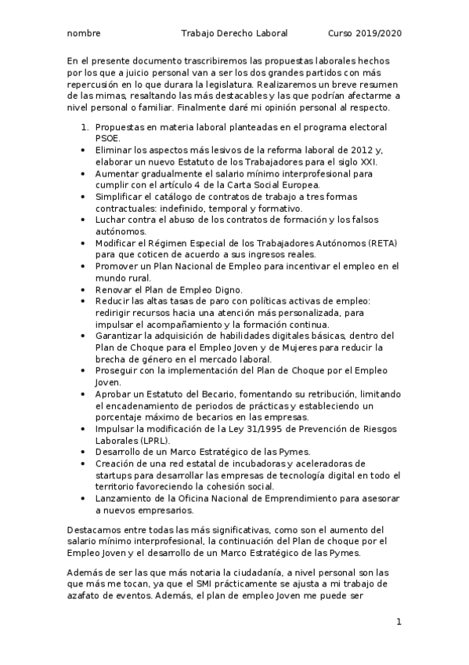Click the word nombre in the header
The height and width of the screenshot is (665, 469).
pos(83,35)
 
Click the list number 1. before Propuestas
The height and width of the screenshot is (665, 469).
pos(85,125)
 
